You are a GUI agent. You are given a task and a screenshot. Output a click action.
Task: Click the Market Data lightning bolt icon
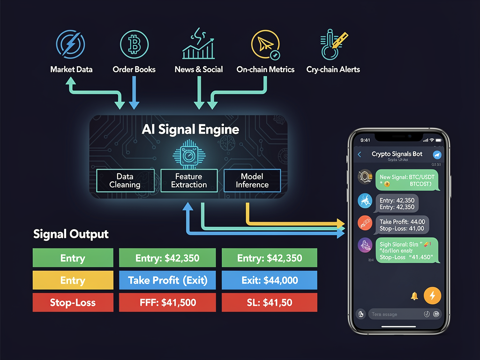click(71, 44)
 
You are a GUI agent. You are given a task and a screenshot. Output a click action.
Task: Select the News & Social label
click(198, 69)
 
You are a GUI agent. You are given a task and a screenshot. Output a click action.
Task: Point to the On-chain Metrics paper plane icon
click(265, 44)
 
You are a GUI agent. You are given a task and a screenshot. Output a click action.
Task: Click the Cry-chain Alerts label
click(333, 69)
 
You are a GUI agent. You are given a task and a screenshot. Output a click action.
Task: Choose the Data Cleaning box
click(125, 180)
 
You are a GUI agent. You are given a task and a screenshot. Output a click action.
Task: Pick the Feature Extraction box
click(189, 180)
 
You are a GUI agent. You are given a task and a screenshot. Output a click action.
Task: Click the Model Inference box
click(252, 180)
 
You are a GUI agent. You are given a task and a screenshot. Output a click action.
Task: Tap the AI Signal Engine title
click(190, 130)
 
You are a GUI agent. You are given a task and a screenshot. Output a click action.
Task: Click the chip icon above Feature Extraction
click(189, 156)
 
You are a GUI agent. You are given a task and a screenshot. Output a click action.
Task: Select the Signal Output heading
click(71, 234)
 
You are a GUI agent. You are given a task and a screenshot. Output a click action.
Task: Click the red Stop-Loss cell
click(73, 303)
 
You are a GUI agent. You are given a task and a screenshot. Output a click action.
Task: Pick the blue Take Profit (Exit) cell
click(167, 280)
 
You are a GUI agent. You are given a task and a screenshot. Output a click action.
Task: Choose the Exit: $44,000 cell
click(269, 280)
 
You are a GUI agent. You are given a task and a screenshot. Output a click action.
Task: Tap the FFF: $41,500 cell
click(167, 303)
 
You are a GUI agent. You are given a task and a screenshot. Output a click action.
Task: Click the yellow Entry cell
click(73, 280)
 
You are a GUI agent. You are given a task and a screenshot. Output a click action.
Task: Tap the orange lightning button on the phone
click(432, 295)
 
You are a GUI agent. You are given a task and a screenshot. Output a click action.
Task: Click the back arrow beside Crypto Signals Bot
click(360, 154)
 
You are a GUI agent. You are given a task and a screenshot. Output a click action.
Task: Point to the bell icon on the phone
click(414, 296)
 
